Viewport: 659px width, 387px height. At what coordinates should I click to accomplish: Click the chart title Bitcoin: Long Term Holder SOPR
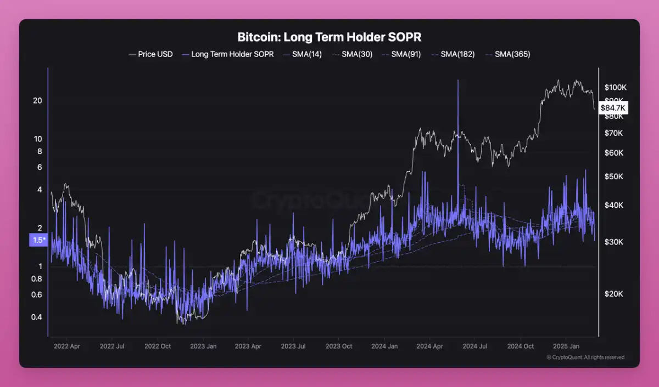[329, 37]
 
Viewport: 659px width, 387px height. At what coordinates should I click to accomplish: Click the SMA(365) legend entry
[512, 54]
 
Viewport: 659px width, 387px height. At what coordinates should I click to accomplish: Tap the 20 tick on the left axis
[37, 101]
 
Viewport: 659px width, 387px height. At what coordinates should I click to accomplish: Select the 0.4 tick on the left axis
[37, 317]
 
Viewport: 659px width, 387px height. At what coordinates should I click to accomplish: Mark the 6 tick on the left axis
[40, 167]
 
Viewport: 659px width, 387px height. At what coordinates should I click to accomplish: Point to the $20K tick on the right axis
[613, 294]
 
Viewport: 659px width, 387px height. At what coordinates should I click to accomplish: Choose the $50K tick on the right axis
[613, 177]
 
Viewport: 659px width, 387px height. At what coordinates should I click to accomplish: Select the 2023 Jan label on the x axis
[203, 346]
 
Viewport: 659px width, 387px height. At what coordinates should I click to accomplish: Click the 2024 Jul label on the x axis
[475, 346]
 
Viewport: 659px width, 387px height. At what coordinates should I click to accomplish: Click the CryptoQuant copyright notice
[585, 357]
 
